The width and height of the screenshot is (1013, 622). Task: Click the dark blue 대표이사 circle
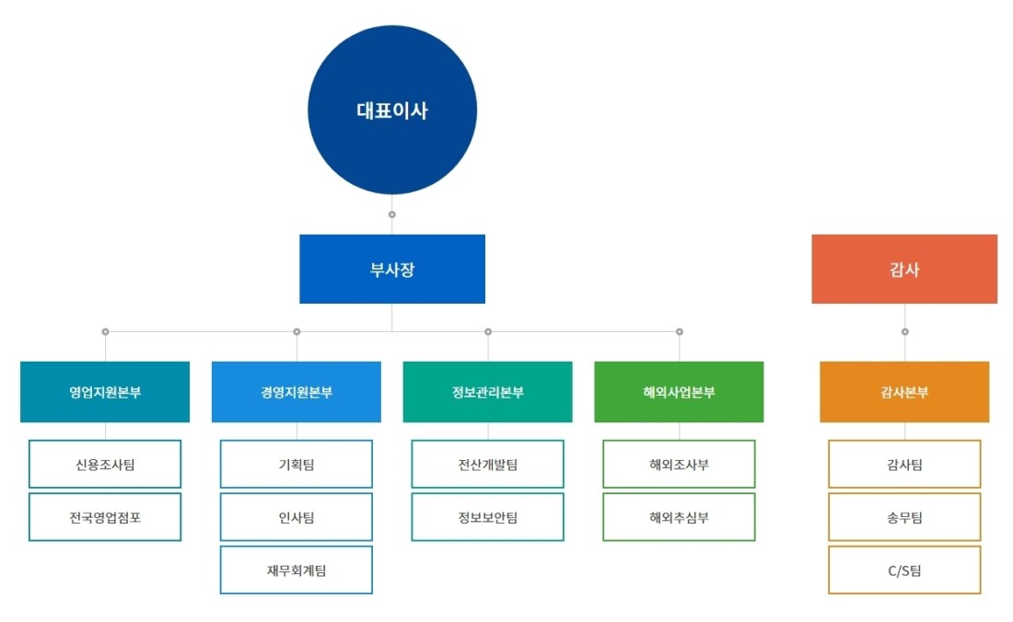tap(392, 109)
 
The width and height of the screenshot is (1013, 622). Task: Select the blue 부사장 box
tap(392, 269)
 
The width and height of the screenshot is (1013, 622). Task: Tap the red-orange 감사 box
tap(904, 269)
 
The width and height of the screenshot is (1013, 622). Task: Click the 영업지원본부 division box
tap(105, 392)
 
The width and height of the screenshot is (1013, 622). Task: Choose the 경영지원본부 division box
tap(297, 392)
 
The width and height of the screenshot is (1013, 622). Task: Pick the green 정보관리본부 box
tap(488, 392)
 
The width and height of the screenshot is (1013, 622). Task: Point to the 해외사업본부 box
tap(679, 392)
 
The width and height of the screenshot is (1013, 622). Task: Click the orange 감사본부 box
tap(904, 392)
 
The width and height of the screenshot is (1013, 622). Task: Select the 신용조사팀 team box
tap(105, 464)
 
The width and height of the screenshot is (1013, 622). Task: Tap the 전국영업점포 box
tap(105, 517)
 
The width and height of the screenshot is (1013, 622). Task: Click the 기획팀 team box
tap(297, 464)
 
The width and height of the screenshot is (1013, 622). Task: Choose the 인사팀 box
tap(297, 517)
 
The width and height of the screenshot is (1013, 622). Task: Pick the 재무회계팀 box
tap(297, 570)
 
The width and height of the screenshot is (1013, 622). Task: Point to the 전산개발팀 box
tap(488, 464)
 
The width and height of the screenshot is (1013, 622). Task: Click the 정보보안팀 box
tap(488, 517)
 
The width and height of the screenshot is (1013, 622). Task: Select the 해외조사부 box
tap(679, 464)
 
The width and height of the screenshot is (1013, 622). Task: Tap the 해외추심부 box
tap(679, 517)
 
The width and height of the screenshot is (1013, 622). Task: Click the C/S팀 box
tap(904, 570)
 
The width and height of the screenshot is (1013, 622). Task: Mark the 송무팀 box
tap(904, 517)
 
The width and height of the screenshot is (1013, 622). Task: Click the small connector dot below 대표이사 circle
tap(392, 214)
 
